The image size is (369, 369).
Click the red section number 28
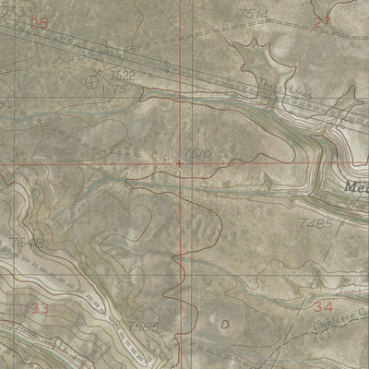pyautogui.click(x=38, y=23)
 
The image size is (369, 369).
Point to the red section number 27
pyautogui.click(x=321, y=20)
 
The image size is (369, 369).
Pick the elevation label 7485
pyautogui.click(x=314, y=224)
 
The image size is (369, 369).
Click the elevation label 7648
pyautogui.click(x=29, y=242)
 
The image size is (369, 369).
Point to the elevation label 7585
pyautogui.click(x=145, y=327)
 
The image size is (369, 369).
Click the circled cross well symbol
pyautogui.click(x=91, y=82)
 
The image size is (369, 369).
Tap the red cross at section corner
pyautogui.click(x=179, y=163)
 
